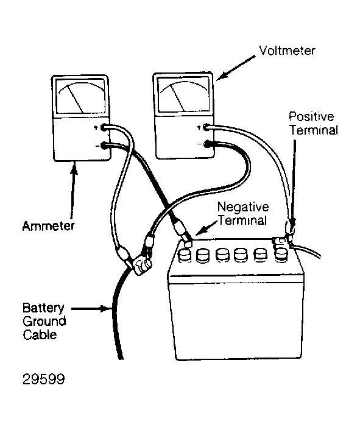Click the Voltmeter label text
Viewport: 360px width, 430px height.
(287, 51)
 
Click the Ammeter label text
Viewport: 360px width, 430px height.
(48, 226)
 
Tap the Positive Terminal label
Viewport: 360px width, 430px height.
(313, 124)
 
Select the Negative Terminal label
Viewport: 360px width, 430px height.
(243, 214)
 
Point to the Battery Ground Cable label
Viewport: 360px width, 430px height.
(44, 322)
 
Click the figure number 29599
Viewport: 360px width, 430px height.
(44, 379)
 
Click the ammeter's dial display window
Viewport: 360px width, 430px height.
(80, 96)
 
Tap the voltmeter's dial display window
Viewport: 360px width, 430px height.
(183, 94)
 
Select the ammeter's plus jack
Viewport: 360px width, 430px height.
(104, 127)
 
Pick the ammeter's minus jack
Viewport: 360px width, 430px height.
(104, 146)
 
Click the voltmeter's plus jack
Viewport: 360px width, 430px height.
(206, 127)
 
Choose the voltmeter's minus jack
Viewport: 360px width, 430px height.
(207, 144)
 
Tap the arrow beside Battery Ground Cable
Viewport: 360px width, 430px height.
(91, 309)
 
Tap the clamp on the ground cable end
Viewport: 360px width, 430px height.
(141, 266)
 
